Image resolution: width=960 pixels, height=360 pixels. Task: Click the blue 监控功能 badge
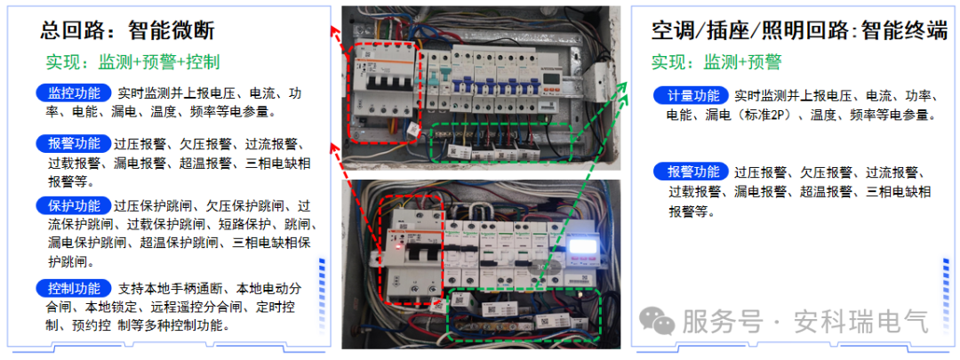click(x=75, y=93)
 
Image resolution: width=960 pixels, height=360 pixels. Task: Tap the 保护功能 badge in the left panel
click(x=75, y=205)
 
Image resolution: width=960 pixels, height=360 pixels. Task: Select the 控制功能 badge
click(x=75, y=288)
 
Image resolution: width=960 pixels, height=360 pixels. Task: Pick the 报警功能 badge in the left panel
click(x=75, y=144)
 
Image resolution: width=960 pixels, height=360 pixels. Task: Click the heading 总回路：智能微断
click(x=127, y=30)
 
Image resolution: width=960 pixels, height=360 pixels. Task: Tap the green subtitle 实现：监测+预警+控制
click(x=133, y=62)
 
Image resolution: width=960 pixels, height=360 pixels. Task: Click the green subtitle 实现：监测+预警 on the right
click(x=716, y=62)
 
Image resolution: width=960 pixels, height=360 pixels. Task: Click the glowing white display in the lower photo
click(x=584, y=251)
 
